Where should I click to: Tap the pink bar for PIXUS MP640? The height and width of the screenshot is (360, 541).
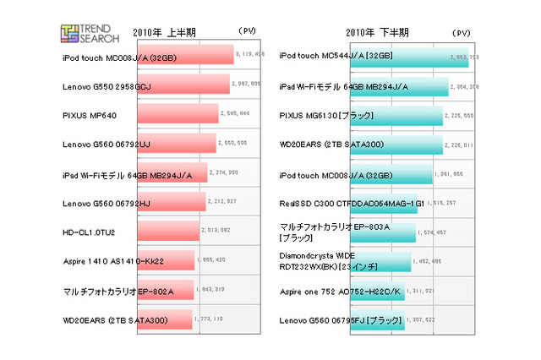[x=177, y=114]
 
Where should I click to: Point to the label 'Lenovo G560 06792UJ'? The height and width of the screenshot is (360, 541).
[x=107, y=145]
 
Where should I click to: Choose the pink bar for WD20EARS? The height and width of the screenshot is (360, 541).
[x=163, y=320]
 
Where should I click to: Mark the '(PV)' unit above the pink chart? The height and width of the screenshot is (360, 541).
[x=248, y=33]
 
